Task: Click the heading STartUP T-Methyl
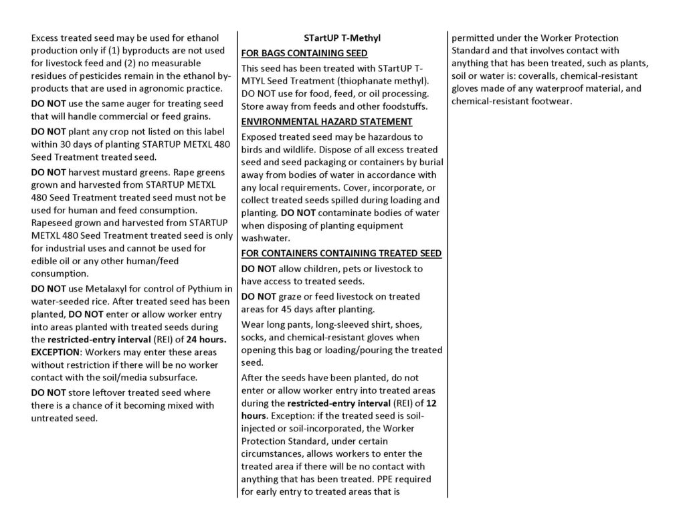(342, 38)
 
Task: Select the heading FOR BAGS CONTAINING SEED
(304, 54)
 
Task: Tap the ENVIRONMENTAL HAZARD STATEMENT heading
(326, 121)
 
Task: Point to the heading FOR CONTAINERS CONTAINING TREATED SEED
(341, 253)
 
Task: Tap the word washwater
(267, 237)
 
